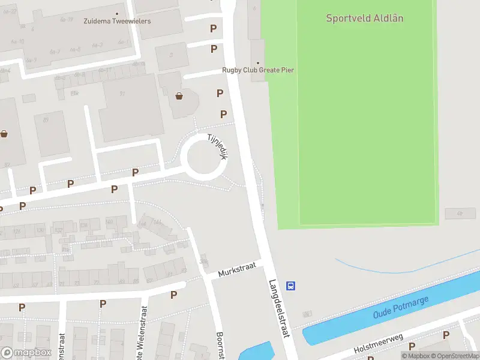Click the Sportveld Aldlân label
pyautogui.click(x=364, y=18)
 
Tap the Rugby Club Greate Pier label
pyautogui.click(x=258, y=70)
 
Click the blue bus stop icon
pyautogui.click(x=290, y=286)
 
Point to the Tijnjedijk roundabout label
pyautogui.click(x=215, y=146)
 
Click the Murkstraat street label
pyautogui.click(x=237, y=268)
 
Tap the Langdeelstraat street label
pyautogui.click(x=280, y=309)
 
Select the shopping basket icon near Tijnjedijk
pyautogui.click(x=179, y=95)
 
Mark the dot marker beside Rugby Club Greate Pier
pyautogui.click(x=258, y=62)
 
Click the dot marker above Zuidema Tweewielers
pyautogui.click(x=116, y=13)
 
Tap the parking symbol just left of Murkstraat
pyautogui.click(x=173, y=295)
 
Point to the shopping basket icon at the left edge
pyautogui.click(x=4, y=134)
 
